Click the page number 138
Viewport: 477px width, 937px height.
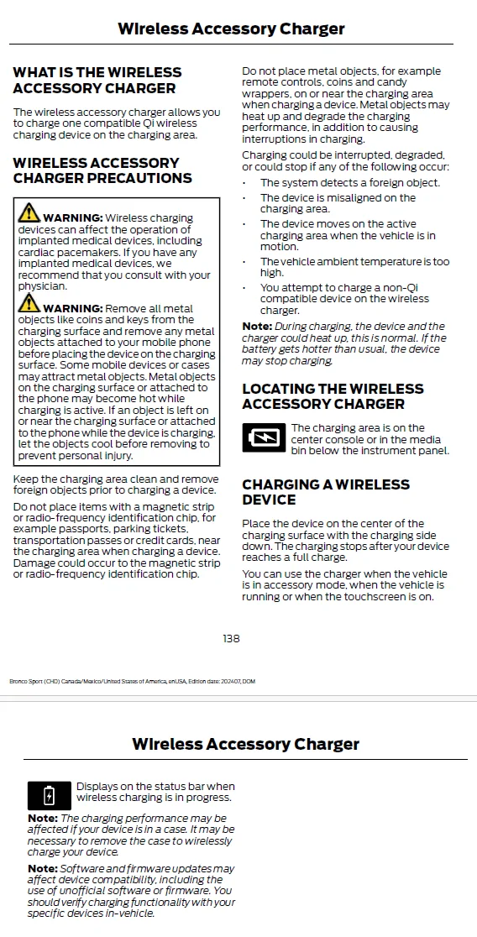(x=231, y=639)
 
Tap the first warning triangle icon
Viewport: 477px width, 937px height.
(x=29, y=213)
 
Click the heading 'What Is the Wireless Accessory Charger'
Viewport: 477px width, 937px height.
(x=97, y=81)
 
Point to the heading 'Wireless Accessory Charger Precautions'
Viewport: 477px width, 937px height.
(x=102, y=170)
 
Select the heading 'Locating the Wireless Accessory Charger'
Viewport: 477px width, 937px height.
(x=333, y=396)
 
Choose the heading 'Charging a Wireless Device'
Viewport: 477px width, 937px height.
(x=326, y=492)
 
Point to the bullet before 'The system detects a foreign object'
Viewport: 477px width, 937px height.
(x=244, y=183)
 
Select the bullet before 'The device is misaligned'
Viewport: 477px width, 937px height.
(x=244, y=199)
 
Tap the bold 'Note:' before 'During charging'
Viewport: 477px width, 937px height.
(x=257, y=327)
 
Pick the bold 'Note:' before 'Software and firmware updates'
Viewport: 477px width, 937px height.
(x=42, y=868)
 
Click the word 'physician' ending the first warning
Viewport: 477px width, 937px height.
(x=42, y=286)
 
